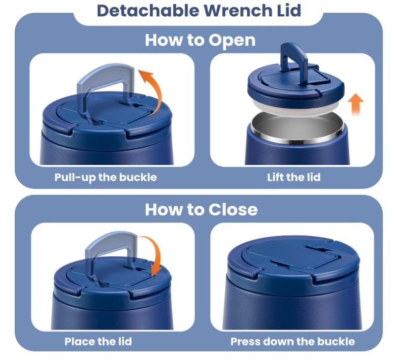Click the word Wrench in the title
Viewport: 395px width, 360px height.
click(238, 10)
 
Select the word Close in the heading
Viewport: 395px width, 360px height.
click(233, 210)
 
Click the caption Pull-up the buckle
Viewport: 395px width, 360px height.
click(106, 177)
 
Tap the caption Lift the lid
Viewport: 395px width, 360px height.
click(294, 177)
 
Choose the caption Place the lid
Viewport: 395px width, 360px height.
click(98, 342)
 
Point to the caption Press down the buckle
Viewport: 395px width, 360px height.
click(292, 342)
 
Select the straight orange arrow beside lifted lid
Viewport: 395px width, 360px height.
click(355, 104)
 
